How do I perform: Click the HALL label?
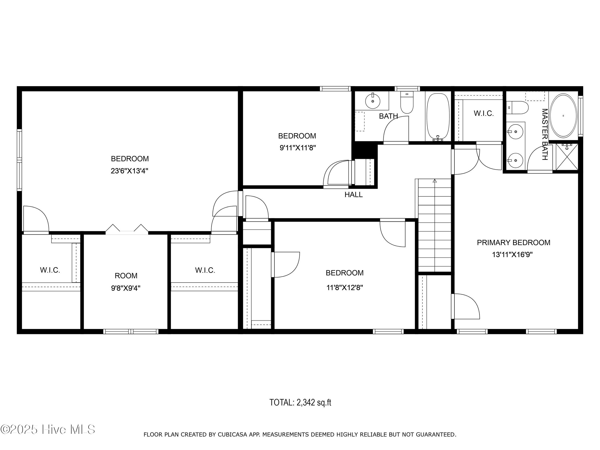click(353, 194)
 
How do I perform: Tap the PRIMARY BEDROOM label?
click(513, 243)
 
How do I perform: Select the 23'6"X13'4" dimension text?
click(129, 171)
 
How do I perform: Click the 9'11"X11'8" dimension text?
click(298, 148)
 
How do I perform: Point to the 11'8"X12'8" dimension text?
click(344, 288)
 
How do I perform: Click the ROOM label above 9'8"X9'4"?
click(126, 276)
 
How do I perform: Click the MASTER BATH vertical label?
click(545, 135)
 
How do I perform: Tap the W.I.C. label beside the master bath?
click(484, 113)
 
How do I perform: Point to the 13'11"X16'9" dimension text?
click(512, 255)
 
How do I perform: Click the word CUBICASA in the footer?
click(232, 434)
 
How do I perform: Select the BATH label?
click(389, 116)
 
